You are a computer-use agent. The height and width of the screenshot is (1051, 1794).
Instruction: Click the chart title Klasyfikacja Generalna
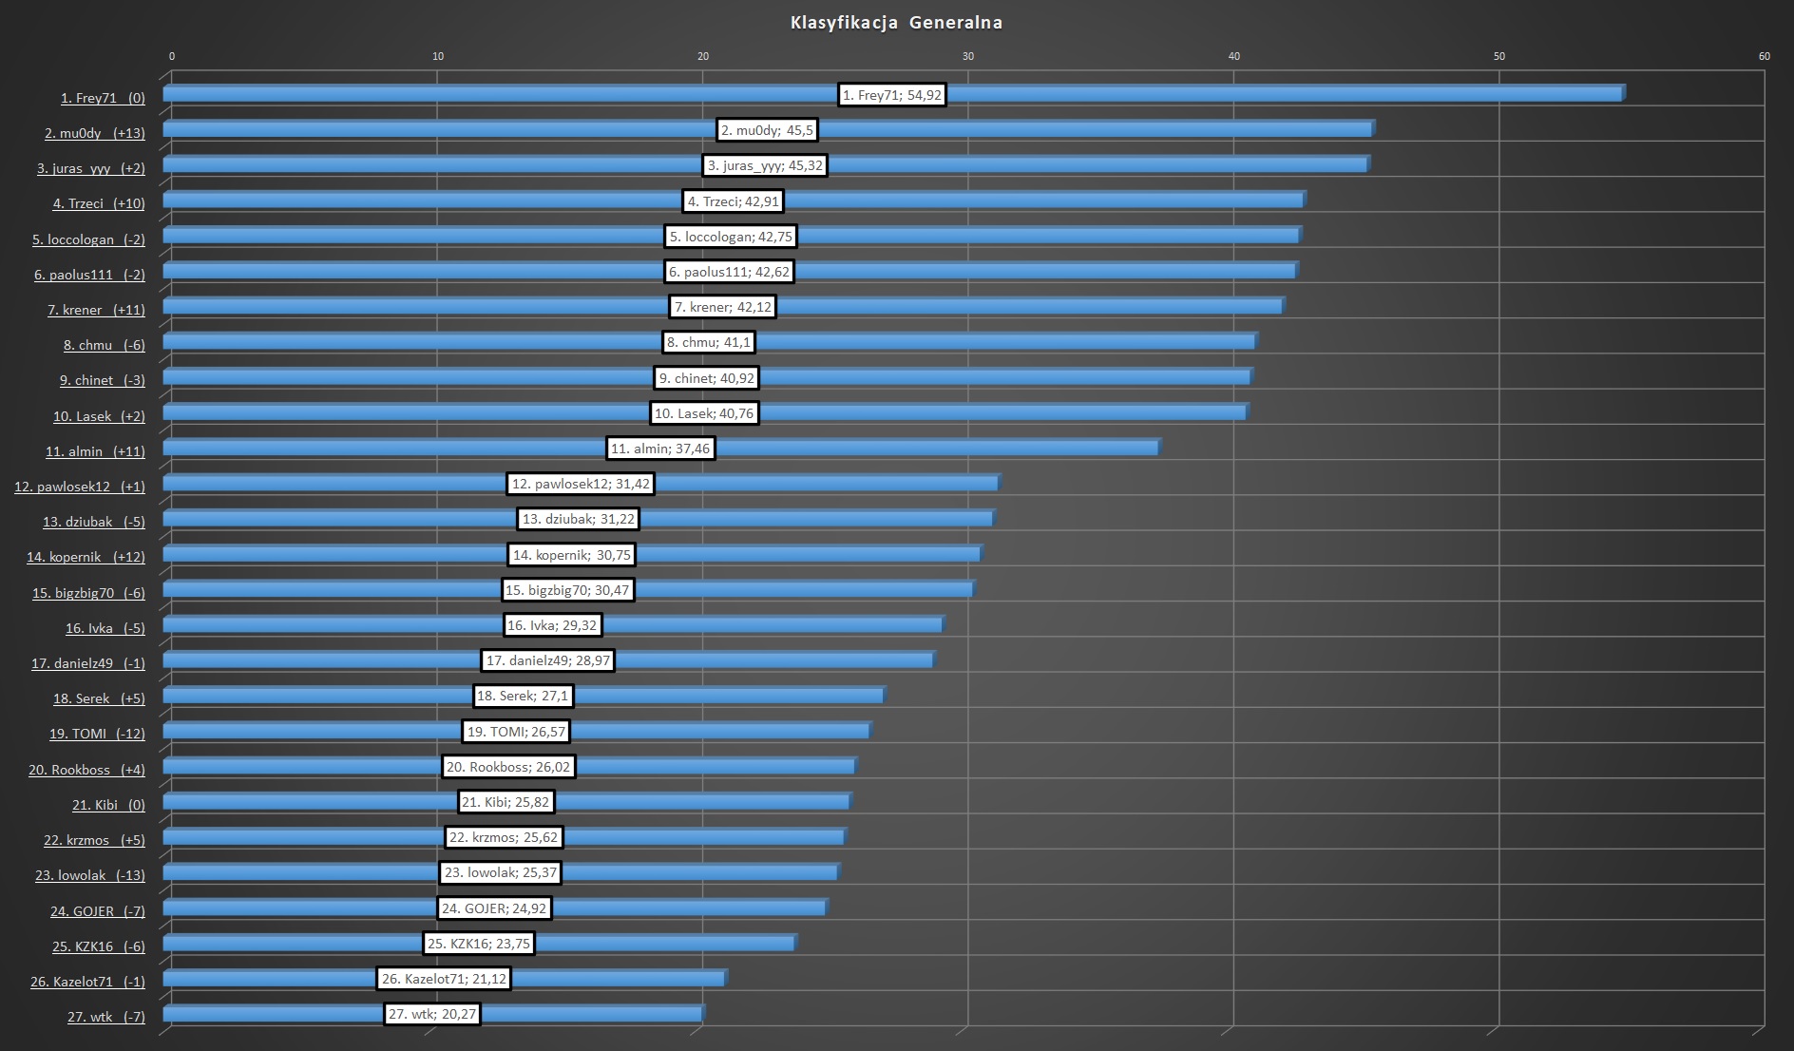point(896,23)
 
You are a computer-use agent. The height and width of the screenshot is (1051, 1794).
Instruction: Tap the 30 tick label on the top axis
point(968,56)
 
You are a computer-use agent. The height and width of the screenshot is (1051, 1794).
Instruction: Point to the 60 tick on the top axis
point(1764,56)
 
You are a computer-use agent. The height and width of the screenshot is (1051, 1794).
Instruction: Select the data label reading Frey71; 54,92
point(892,95)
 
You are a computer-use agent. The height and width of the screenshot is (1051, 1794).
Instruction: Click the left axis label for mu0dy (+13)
point(95,133)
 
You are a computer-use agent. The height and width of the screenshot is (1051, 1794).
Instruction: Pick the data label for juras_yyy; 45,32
point(765,165)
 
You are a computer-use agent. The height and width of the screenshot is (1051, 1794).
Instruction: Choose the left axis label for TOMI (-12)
point(97,734)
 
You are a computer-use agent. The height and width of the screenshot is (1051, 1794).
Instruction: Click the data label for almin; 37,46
point(660,449)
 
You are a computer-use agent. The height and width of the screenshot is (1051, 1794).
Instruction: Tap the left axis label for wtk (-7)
point(106,1017)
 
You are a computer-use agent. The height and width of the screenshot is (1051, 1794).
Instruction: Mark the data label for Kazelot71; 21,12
point(444,979)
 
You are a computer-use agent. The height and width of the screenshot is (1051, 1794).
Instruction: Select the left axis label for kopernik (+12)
point(86,557)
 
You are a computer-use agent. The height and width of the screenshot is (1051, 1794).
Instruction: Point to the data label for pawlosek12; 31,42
point(581,484)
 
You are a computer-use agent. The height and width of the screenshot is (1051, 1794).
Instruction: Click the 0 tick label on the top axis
point(172,56)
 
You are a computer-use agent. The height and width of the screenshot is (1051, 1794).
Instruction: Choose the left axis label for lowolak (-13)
point(90,875)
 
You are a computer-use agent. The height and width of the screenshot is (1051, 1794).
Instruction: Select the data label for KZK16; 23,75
point(479,944)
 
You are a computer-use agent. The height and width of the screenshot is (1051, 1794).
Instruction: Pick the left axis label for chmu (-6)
point(105,345)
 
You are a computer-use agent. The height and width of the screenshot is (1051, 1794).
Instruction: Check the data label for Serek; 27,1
point(523,696)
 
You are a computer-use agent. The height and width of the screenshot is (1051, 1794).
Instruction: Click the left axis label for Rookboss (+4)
point(86,770)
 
